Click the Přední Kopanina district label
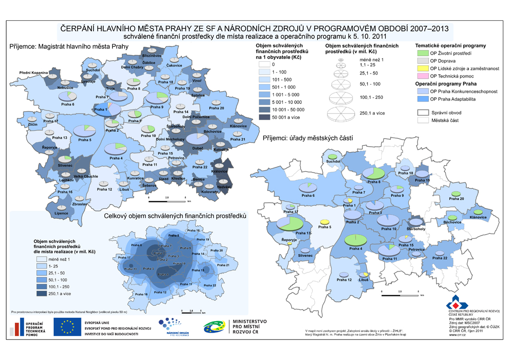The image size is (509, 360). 33,73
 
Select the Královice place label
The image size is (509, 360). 219,172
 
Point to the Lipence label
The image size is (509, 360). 62,213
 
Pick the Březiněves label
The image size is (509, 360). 151,57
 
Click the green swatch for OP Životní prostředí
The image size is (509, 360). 423,53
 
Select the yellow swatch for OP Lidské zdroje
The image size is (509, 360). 423,68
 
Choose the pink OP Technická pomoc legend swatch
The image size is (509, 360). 423,76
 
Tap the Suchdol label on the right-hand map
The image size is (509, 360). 333,162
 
